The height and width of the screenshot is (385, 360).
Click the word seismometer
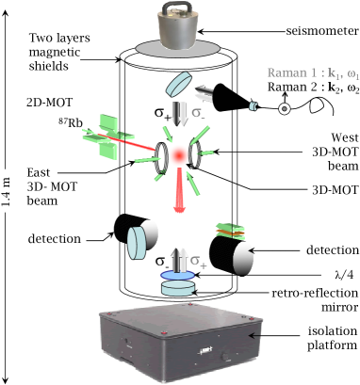coord(322,31)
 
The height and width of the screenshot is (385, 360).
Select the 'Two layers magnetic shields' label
coord(59,52)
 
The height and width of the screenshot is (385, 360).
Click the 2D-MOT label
coord(50,103)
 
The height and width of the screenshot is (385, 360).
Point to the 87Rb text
coord(71,122)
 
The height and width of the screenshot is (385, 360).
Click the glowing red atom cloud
coord(179,154)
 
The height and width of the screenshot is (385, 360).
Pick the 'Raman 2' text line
coord(313,88)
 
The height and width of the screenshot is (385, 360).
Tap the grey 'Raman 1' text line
coord(313,73)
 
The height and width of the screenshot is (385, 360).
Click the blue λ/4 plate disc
coord(177,275)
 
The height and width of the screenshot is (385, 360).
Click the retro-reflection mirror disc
coord(177,288)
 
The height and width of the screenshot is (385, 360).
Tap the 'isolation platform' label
coord(333,338)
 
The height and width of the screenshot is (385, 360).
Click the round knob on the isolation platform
coord(225,357)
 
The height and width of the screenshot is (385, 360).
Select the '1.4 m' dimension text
coord(6,192)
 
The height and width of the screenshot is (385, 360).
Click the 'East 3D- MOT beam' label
coord(52,186)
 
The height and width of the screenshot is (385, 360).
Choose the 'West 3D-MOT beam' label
coord(335,152)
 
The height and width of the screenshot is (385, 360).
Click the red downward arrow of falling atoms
coord(179,190)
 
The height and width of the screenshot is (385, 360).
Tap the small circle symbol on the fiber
coord(285,108)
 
